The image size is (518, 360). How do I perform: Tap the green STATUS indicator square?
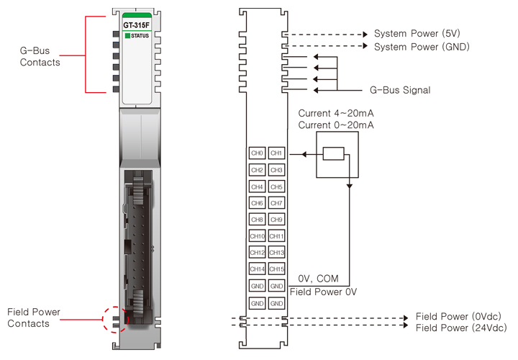pyautogui.click(x=127, y=35)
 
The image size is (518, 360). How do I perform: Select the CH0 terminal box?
pyautogui.click(x=257, y=153)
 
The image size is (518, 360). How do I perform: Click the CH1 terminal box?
pyautogui.click(x=277, y=153)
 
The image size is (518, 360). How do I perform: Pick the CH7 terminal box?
pyautogui.click(x=277, y=203)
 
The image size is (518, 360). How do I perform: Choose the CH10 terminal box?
pyautogui.click(x=257, y=236)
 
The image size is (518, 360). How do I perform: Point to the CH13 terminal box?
pyautogui.click(x=277, y=253)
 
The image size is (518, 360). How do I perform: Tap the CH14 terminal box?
pyautogui.click(x=257, y=269)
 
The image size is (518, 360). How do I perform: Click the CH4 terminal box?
pyautogui.click(x=257, y=186)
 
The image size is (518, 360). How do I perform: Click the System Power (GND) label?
pyautogui.click(x=422, y=47)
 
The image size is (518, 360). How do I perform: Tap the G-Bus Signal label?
pyautogui.click(x=400, y=90)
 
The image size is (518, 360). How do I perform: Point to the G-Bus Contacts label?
pyautogui.click(x=40, y=56)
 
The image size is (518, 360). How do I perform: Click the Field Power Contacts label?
pyautogui.click(x=34, y=318)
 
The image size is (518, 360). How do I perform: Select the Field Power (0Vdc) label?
pyautogui.click(x=458, y=316)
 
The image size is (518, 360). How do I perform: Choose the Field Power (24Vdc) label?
pyautogui.click(x=460, y=328)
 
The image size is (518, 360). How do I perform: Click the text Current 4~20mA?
pyautogui.click(x=335, y=114)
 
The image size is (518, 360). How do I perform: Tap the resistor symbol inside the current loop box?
pyautogui.click(x=333, y=153)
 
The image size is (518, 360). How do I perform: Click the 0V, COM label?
pyautogui.click(x=317, y=278)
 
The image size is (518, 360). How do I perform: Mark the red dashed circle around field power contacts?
pyautogui.click(x=114, y=319)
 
